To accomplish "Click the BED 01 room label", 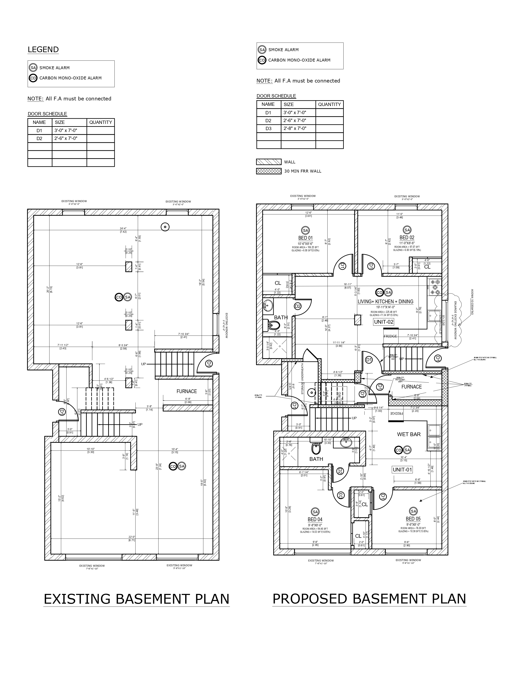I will (x=305, y=238).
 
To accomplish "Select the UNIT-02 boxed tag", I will (x=383, y=322).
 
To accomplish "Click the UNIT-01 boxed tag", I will (x=402, y=470).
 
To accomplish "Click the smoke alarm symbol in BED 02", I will (x=407, y=230).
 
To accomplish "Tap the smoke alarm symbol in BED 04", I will (x=315, y=512).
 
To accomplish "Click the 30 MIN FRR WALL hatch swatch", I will (x=269, y=171).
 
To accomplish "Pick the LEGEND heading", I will (x=43, y=50).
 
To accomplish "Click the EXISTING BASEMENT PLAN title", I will (x=137, y=599).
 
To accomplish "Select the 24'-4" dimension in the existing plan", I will (x=123, y=228).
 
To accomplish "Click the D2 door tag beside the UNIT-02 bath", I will (x=297, y=306).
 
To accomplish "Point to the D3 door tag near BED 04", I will (x=340, y=495).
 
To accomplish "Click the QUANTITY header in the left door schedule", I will (x=100, y=122).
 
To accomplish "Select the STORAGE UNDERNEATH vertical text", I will (x=303, y=379).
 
